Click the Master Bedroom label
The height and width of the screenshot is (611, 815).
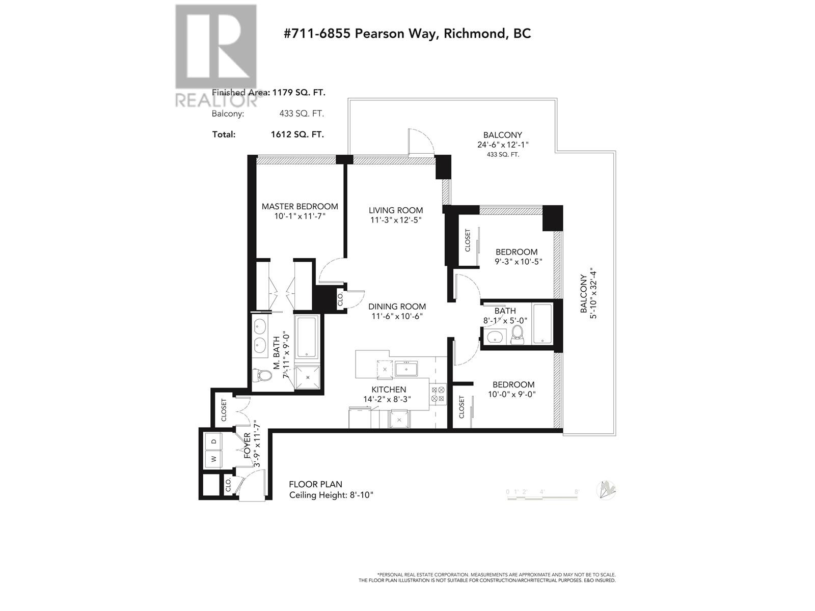[x=300, y=206]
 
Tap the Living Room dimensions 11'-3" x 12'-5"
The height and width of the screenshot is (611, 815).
[x=396, y=220]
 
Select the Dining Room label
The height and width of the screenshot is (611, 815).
[x=397, y=307]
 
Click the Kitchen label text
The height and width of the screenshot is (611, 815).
[x=389, y=390]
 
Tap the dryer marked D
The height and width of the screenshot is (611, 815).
[x=214, y=441]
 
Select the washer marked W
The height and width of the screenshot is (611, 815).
[x=214, y=459]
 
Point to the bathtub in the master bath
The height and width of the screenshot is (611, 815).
[x=307, y=337]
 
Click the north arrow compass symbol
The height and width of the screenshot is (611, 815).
[x=608, y=490]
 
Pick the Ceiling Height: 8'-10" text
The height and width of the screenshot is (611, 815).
[x=331, y=495]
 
